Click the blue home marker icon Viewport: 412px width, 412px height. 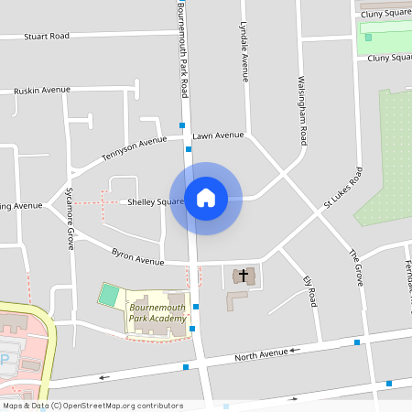[205, 198]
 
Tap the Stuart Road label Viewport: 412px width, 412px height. [47, 37]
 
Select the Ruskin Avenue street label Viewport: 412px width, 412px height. [42, 91]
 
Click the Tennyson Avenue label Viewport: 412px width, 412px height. [134, 146]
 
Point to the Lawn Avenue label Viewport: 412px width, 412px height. [218, 136]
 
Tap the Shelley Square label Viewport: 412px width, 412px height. [156, 201]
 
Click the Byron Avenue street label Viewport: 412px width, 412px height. [137, 255]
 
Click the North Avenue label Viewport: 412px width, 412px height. [261, 355]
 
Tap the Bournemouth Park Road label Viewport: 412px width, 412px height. [183, 50]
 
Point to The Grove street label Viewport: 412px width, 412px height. [355, 266]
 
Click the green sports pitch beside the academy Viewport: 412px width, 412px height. [109, 296]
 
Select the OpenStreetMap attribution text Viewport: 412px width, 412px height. [92, 406]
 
